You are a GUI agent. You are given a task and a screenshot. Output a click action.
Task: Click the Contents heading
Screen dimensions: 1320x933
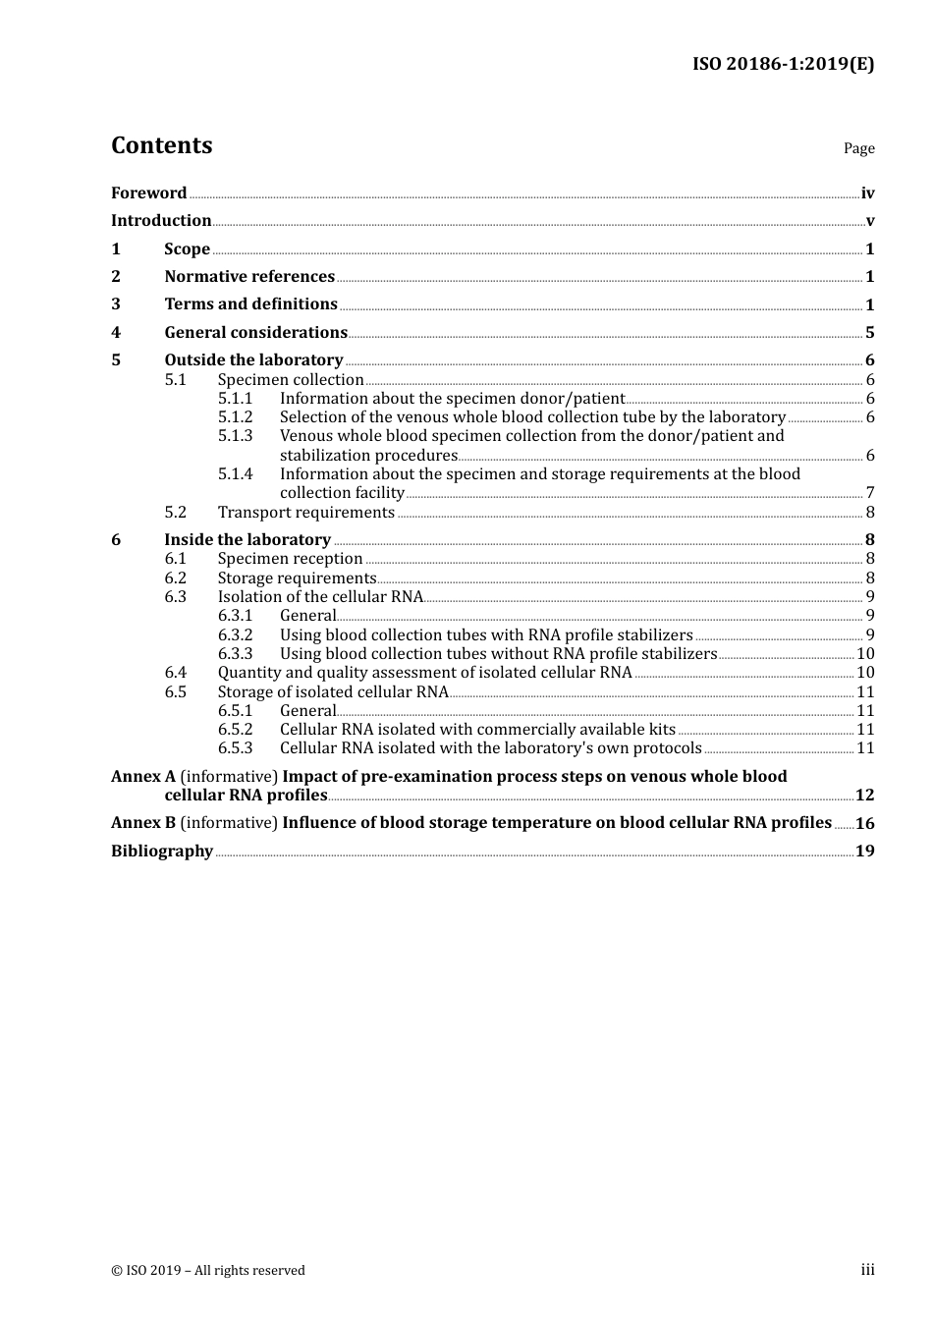tap(161, 145)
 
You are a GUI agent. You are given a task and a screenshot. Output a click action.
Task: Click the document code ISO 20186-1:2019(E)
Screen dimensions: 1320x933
tap(783, 64)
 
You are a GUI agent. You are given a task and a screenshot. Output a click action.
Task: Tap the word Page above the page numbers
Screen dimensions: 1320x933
tap(858, 148)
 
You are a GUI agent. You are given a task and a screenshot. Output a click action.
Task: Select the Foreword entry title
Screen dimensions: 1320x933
tap(148, 192)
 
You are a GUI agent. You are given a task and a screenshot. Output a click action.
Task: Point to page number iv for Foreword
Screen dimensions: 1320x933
tap(867, 193)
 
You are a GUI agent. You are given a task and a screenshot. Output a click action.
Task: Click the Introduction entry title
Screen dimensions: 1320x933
tap(161, 220)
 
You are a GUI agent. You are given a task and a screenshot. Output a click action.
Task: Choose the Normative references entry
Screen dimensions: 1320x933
tap(249, 276)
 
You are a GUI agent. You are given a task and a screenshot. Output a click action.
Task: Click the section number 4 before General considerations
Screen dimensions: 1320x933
tap(116, 332)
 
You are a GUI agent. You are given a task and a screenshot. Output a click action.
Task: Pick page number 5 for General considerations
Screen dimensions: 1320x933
tap(869, 333)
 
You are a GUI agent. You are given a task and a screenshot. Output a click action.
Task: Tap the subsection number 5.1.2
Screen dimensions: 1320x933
tap(235, 416)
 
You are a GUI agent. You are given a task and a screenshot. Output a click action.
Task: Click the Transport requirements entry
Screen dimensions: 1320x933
tap(305, 512)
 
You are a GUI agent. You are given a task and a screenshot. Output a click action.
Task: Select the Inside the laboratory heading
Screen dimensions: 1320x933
tap(247, 539)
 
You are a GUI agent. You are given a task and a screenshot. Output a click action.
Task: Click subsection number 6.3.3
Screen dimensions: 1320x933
tap(235, 653)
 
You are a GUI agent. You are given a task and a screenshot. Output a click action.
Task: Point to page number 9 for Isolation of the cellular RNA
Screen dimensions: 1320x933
tap(870, 597)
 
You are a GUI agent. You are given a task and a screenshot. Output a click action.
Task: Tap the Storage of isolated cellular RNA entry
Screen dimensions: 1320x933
tap(333, 691)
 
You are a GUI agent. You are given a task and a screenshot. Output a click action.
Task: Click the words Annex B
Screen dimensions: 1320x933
tap(143, 822)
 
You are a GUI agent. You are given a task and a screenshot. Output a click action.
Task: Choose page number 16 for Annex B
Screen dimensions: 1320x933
tap(864, 823)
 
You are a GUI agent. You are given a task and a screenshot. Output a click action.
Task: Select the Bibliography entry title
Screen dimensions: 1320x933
tap(162, 851)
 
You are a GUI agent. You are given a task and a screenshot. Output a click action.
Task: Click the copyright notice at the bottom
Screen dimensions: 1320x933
tap(208, 1270)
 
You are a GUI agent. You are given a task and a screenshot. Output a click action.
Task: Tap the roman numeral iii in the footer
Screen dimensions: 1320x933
tap(867, 1270)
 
